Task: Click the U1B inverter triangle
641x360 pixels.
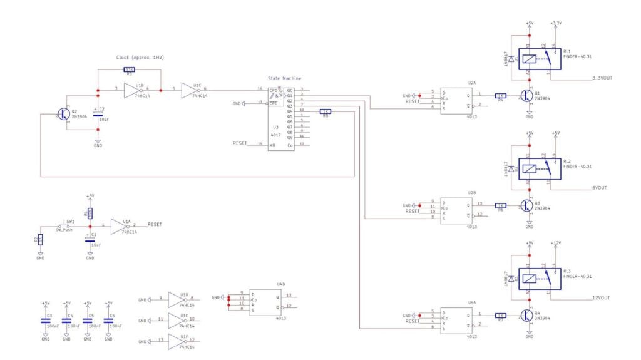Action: point(133,91)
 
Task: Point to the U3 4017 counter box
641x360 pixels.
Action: point(281,118)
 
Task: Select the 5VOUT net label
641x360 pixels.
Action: point(600,187)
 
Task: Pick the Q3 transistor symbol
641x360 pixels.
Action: point(525,206)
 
